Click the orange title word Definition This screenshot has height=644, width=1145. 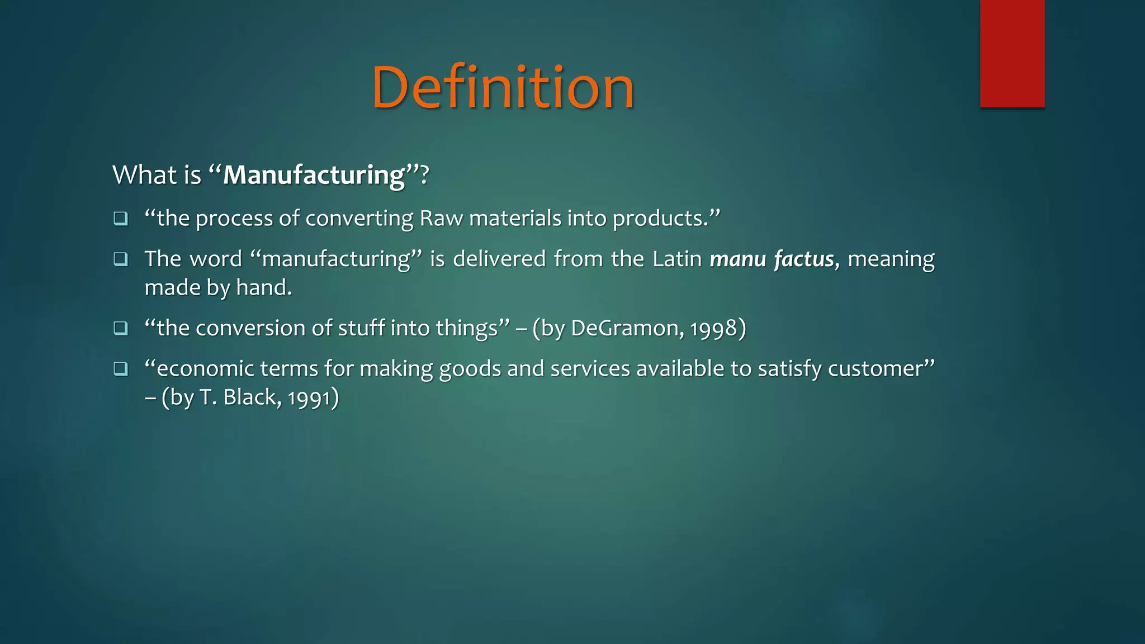503,88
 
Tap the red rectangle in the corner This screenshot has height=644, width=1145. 1012,53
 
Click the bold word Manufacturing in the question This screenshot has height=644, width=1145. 314,175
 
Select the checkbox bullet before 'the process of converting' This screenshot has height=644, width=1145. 121,218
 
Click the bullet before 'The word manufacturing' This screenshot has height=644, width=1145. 121,259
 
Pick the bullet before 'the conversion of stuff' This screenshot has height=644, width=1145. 121,328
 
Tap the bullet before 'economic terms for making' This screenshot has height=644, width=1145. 121,368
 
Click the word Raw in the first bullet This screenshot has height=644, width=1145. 441,218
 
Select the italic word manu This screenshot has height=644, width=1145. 737,259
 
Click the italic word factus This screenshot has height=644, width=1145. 804,259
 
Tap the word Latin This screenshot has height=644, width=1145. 677,259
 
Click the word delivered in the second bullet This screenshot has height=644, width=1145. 499,259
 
